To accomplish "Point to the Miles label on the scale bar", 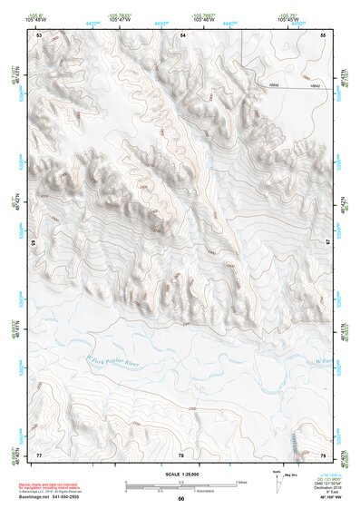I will point(243,482).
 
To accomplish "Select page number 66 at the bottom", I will point(180,498).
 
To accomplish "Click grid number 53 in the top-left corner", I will point(39,34).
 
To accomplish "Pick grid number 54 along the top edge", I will point(182,34).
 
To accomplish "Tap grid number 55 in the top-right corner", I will point(323,34).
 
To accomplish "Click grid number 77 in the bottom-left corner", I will point(39,454).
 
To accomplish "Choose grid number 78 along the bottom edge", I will point(181,454).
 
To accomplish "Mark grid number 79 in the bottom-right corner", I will point(323,454).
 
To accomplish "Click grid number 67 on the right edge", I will point(327,242).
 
